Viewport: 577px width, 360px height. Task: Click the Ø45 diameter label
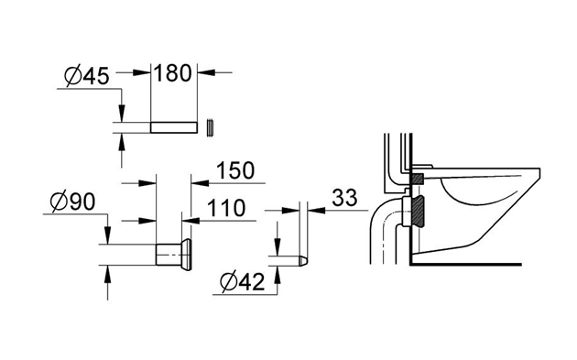[x=87, y=77]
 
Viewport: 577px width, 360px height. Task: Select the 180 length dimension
[x=173, y=73]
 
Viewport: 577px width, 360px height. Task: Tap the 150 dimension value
[x=235, y=170]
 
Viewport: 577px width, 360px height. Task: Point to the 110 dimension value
[x=226, y=208]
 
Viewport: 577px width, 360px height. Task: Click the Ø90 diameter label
[x=73, y=202]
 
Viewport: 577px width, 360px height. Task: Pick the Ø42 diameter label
[x=242, y=282]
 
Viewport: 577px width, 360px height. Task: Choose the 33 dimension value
[x=344, y=198]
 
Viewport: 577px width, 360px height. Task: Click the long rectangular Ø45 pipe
[x=174, y=127]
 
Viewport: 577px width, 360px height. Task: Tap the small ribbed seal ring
[x=210, y=128]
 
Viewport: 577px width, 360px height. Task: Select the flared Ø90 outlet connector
[x=174, y=255]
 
